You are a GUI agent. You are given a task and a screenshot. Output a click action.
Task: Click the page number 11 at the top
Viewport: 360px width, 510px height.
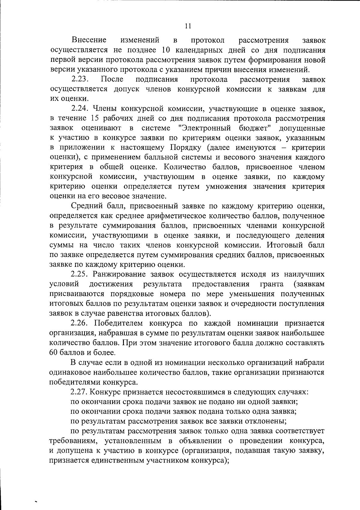(x=188, y=26)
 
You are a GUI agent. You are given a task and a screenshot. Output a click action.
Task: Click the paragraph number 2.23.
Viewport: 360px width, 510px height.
(x=80, y=80)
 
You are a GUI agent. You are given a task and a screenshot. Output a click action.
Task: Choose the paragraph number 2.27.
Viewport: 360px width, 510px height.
(x=80, y=392)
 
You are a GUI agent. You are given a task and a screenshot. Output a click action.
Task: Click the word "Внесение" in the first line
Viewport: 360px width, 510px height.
(x=89, y=40)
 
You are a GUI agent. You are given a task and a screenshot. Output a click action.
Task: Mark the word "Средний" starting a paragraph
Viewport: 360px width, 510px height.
(x=87, y=206)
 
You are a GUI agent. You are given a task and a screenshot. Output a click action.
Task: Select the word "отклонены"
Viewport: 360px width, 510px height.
(x=266, y=421)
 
